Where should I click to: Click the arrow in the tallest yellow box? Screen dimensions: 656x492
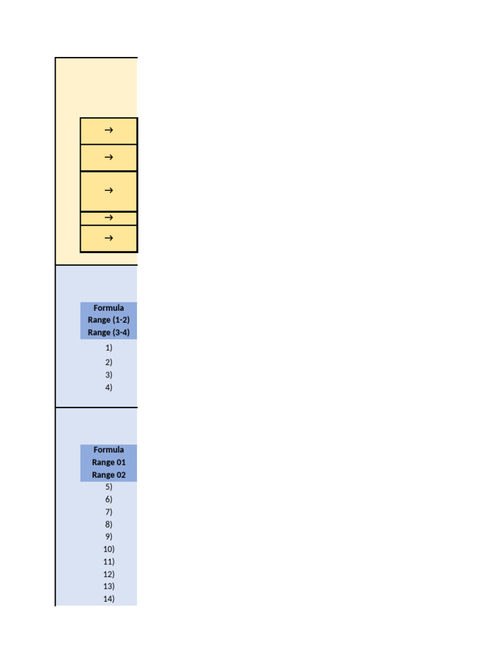pyautogui.click(x=108, y=190)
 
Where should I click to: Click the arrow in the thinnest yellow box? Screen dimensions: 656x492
pyautogui.click(x=108, y=218)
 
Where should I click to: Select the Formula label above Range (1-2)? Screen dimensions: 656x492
pyautogui.click(x=109, y=308)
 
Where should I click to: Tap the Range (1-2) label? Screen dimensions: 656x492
pyautogui.click(x=109, y=320)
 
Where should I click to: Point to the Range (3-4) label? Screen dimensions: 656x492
pyautogui.click(x=109, y=332)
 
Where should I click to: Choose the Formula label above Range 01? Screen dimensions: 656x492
pyautogui.click(x=109, y=450)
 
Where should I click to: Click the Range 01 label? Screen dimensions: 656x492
pyautogui.click(x=109, y=463)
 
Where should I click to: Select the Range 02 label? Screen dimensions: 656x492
pyautogui.click(x=109, y=475)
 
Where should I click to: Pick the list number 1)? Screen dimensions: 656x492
pyautogui.click(x=109, y=348)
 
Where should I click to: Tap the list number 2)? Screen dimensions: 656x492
pyautogui.click(x=109, y=363)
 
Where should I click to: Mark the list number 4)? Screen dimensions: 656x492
pyautogui.click(x=109, y=388)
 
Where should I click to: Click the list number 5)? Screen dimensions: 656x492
pyautogui.click(x=109, y=487)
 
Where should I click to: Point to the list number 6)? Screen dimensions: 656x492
pyautogui.click(x=109, y=499)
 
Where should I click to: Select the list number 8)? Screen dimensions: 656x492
pyautogui.click(x=109, y=524)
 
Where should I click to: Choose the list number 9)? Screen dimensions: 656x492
pyautogui.click(x=109, y=536)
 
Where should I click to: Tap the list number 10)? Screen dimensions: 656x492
pyautogui.click(x=109, y=549)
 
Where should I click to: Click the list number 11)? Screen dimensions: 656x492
pyautogui.click(x=109, y=562)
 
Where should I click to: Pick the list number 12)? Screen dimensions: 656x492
pyautogui.click(x=109, y=574)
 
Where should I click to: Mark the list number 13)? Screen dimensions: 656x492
pyautogui.click(x=109, y=586)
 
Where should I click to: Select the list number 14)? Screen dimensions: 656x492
pyautogui.click(x=109, y=599)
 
